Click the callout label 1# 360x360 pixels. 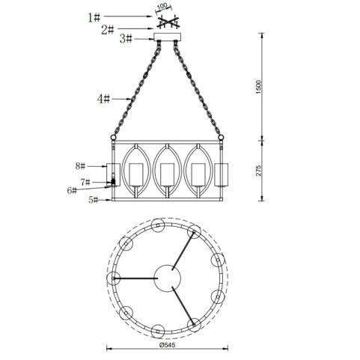[x=94, y=17]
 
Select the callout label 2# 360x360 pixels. [x=108, y=30]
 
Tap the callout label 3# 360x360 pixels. [x=126, y=39]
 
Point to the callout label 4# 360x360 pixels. [x=103, y=99]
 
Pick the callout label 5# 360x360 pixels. [x=94, y=200]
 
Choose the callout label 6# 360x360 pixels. [x=72, y=191]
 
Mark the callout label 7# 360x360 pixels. [x=85, y=182]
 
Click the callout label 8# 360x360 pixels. [x=80, y=166]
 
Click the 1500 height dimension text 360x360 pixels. [x=259, y=87]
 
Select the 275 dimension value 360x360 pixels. [x=259, y=171]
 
